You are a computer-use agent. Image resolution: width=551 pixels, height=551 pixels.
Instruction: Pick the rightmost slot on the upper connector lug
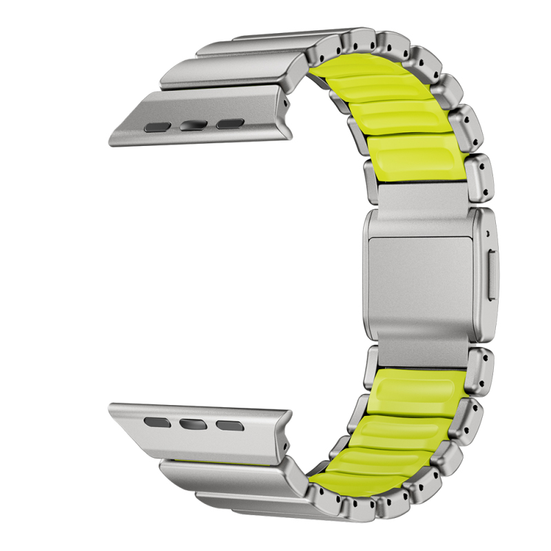click(229, 125)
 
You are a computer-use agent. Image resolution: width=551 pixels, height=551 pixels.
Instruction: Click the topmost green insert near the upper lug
click(358, 69)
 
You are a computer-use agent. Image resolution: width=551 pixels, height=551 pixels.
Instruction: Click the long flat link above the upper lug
click(227, 69)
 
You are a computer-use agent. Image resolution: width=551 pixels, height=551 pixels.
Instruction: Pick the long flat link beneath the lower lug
click(227, 475)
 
